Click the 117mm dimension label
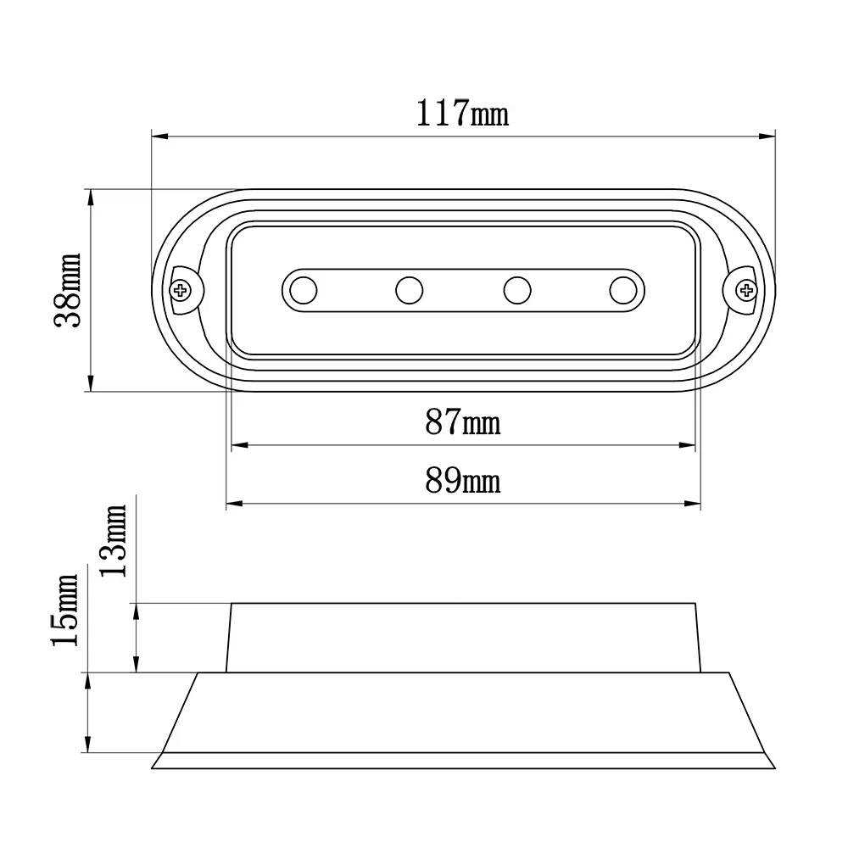click(462, 114)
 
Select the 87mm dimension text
click(462, 421)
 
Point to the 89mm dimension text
click(462, 481)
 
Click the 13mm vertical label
click(114, 540)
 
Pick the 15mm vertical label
click(66, 610)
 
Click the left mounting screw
click(181, 291)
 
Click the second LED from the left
click(409, 291)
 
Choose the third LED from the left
click(516, 291)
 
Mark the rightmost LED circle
click(622, 291)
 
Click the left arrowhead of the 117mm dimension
click(158, 135)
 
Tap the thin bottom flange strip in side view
click(462, 761)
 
